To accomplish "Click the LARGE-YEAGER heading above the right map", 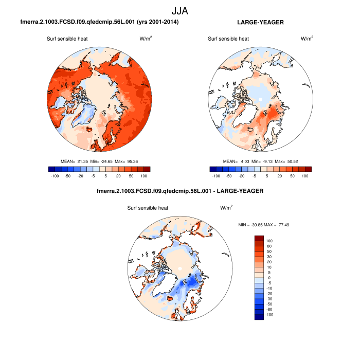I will click(x=260, y=23).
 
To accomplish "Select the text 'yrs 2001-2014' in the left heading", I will click(x=160, y=23).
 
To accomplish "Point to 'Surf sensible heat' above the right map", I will click(x=228, y=39).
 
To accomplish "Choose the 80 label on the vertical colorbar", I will click(x=269, y=246).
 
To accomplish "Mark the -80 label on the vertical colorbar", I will click(x=269, y=310).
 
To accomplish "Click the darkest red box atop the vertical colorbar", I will click(x=259, y=238).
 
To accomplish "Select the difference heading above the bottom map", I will click(x=180, y=191).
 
